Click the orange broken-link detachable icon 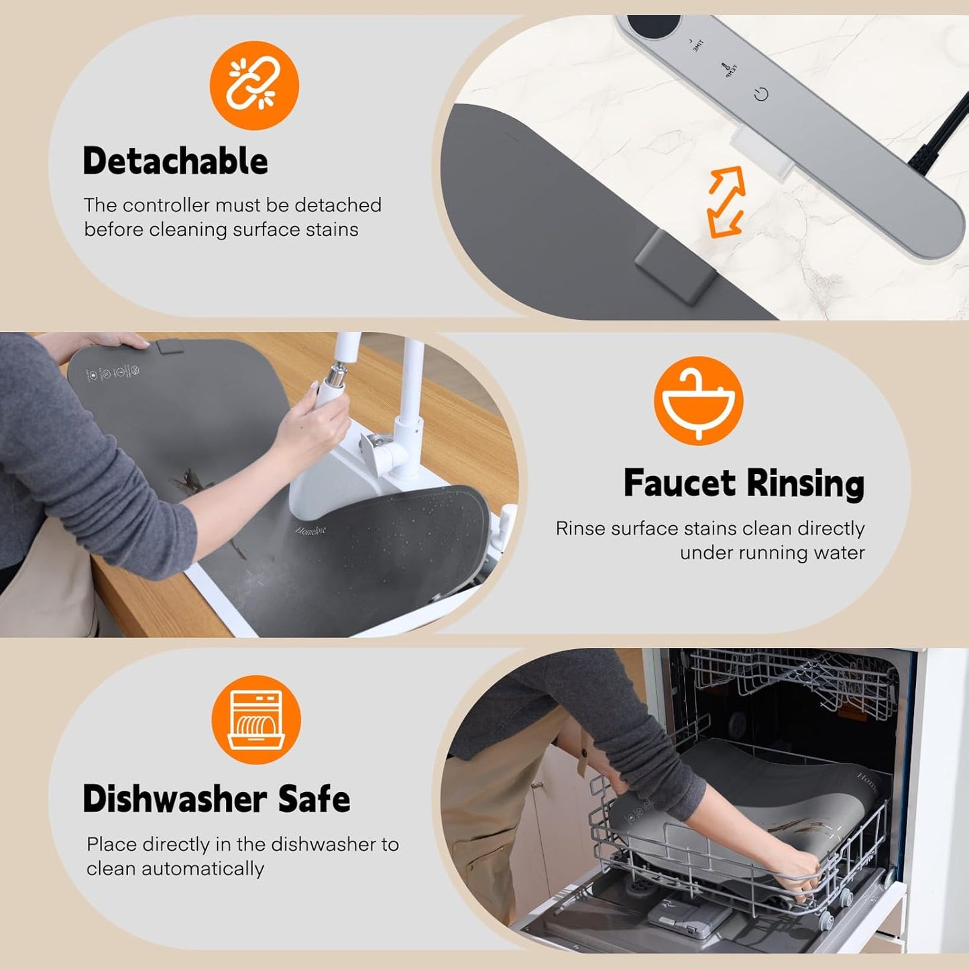point(254,85)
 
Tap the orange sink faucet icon point(698,400)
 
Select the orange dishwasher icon point(255,720)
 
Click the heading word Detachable point(175,162)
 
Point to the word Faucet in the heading point(679,483)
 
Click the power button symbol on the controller point(760,95)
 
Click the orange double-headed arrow point(726,202)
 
